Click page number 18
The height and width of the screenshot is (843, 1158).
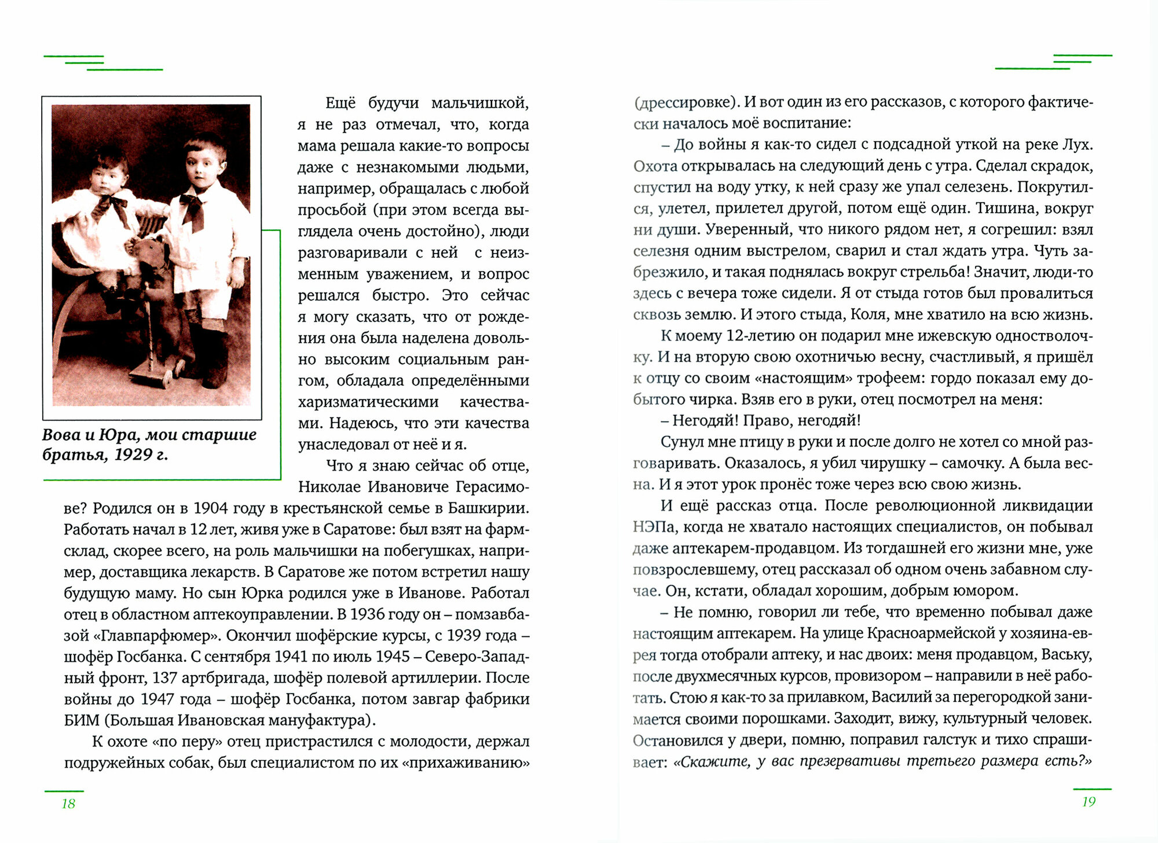pos(68,803)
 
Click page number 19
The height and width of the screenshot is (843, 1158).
pos(1089,801)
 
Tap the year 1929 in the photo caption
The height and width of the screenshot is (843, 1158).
pos(133,455)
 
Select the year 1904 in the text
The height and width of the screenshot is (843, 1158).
pos(211,508)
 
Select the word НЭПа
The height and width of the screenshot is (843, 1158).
pos(654,527)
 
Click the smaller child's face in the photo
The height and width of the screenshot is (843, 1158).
pos(110,174)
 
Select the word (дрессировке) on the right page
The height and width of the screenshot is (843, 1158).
pos(687,102)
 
